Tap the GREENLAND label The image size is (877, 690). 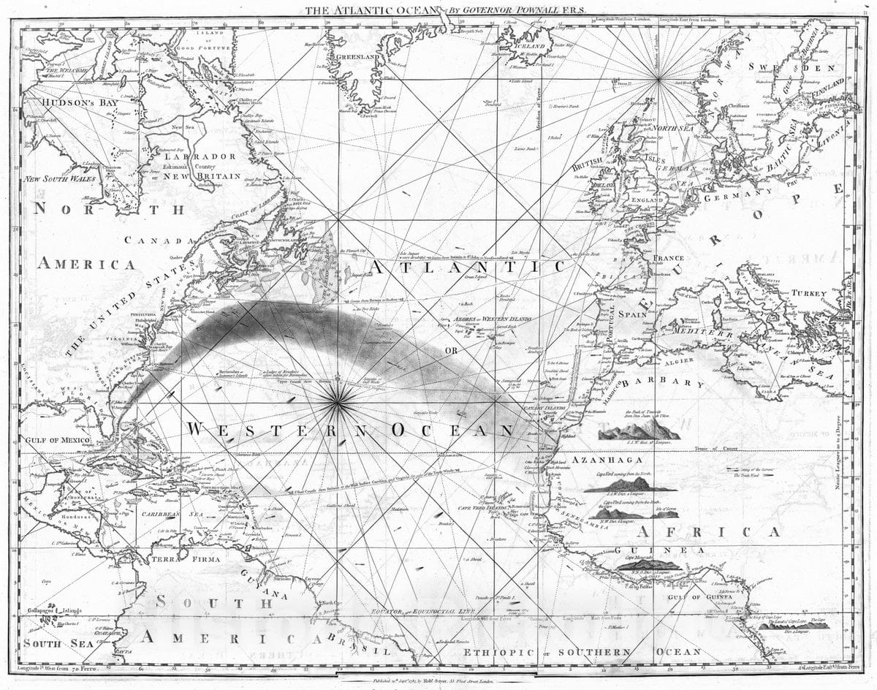tap(356, 56)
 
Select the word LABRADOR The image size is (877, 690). tap(200, 156)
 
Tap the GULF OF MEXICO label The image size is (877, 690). tap(57, 440)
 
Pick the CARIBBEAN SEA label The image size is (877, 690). tap(167, 515)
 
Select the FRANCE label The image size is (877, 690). tap(668, 258)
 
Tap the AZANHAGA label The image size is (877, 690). tap(607, 460)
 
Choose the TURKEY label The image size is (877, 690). tap(809, 293)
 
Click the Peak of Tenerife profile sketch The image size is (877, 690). tap(638, 431)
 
